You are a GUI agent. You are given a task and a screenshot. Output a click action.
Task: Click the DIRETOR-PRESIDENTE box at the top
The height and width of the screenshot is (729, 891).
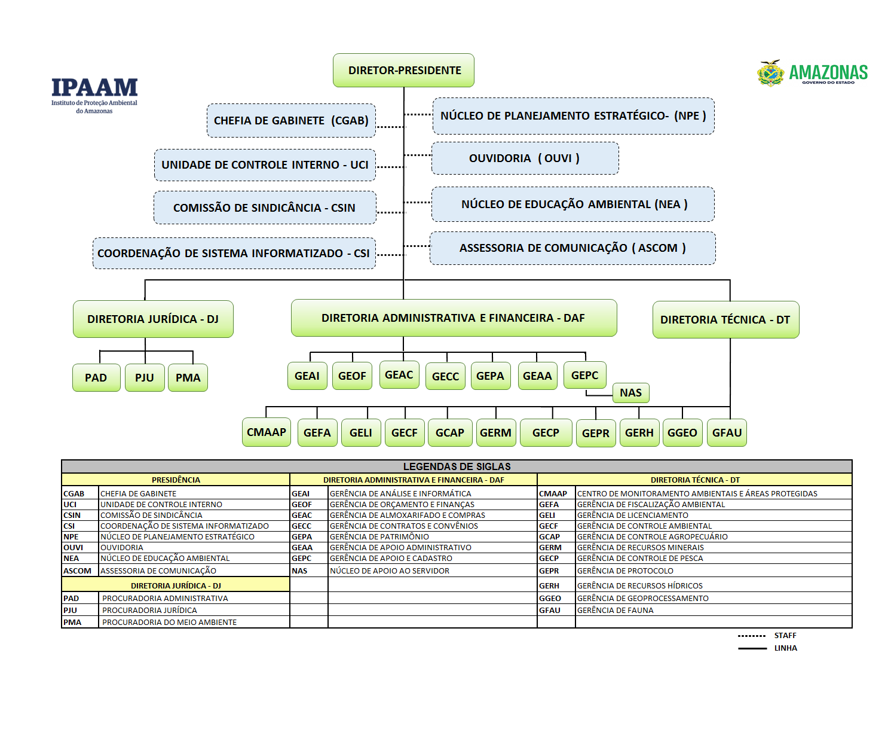(x=403, y=71)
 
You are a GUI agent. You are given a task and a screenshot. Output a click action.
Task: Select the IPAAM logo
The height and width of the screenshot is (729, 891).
(x=94, y=93)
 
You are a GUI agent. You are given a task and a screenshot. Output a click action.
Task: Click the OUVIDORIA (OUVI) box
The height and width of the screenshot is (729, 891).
(x=525, y=158)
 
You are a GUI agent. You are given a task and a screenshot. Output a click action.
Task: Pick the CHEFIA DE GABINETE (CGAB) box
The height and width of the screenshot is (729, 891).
(x=291, y=120)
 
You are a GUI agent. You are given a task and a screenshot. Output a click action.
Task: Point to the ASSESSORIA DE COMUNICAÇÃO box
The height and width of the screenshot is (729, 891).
(x=572, y=248)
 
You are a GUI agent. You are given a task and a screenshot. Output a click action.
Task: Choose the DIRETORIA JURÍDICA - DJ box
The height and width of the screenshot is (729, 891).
(x=153, y=319)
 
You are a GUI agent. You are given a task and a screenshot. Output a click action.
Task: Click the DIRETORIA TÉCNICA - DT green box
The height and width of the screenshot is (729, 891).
(x=725, y=320)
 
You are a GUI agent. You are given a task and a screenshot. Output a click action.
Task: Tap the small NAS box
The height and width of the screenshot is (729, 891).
(x=630, y=393)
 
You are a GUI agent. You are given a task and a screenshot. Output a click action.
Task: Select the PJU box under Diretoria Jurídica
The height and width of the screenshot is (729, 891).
(x=145, y=378)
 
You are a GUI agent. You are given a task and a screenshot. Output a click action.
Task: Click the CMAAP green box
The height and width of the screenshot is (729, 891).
(x=267, y=432)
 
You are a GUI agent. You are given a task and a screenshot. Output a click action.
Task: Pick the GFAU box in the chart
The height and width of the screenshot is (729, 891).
(x=727, y=433)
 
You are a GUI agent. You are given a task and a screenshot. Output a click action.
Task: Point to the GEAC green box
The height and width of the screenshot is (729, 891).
(x=399, y=375)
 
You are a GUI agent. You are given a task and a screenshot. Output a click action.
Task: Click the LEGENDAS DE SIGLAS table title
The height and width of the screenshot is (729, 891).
(x=457, y=466)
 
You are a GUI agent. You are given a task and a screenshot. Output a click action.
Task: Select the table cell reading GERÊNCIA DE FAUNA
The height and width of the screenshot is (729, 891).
(x=616, y=611)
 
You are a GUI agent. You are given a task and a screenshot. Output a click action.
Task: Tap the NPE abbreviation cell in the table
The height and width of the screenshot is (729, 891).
(x=71, y=537)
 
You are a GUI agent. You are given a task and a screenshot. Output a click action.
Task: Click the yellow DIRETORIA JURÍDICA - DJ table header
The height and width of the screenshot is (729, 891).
(x=176, y=586)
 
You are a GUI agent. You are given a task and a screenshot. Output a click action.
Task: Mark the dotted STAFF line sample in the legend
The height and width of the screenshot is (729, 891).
(x=751, y=636)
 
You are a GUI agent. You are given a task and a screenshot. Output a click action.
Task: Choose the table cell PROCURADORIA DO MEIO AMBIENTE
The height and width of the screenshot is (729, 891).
(x=169, y=623)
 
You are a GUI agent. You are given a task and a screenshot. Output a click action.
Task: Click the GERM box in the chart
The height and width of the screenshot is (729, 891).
(x=495, y=433)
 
